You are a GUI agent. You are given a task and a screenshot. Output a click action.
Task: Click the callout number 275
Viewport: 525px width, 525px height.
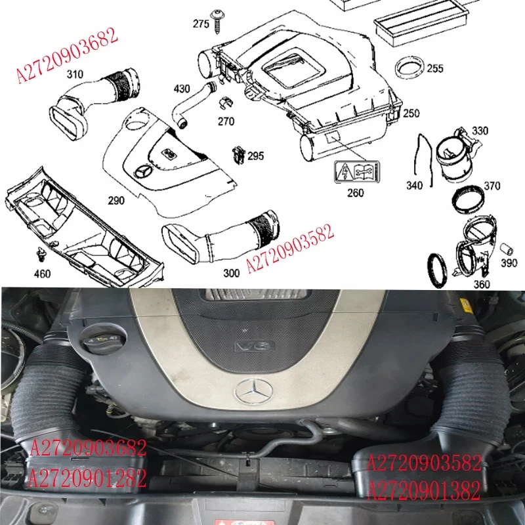pos(201,24)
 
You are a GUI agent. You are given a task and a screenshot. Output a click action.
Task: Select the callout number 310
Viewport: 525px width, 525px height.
pos(75,75)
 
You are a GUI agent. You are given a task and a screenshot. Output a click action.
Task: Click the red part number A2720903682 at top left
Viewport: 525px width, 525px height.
pos(67,56)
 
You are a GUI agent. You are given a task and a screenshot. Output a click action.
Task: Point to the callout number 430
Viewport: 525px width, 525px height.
pos(182,89)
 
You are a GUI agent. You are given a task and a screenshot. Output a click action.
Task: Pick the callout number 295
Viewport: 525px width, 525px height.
pos(256,156)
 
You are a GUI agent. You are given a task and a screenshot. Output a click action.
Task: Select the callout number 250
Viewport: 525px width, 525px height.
pos(411,114)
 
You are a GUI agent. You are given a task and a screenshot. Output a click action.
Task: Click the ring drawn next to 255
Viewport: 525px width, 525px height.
pos(408,68)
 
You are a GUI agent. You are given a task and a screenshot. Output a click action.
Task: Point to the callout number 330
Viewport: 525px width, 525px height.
pos(480,131)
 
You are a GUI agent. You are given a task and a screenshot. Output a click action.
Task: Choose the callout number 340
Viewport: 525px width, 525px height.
pos(415,186)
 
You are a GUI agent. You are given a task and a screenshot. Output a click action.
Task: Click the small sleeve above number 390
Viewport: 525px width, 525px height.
pos(507,249)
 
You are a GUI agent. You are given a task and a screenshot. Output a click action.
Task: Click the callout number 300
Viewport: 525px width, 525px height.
pos(231,273)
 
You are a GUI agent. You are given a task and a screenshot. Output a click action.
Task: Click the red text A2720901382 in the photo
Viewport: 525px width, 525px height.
pos(425,490)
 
